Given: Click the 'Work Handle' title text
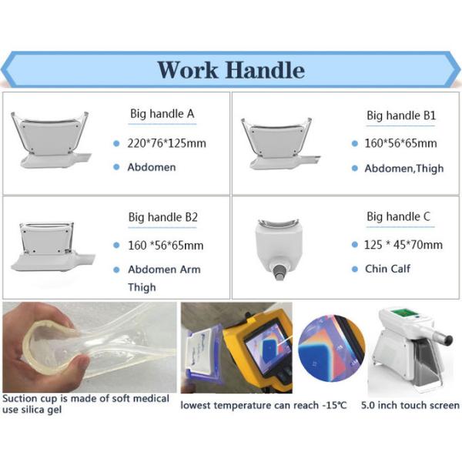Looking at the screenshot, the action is [x=231, y=70].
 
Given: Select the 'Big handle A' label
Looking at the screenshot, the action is [x=162, y=114].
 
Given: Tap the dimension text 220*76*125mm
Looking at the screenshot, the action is [x=167, y=143].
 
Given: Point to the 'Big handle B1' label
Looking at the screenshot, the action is [x=401, y=115].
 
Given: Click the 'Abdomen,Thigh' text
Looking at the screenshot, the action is [x=404, y=169].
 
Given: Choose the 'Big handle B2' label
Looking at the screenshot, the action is [x=162, y=217].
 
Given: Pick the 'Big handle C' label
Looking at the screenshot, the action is [x=398, y=216].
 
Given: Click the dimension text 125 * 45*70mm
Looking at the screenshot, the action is [x=403, y=245].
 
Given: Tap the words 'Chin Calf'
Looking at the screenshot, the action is [x=387, y=269].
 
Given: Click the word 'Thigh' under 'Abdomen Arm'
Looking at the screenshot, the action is [x=142, y=287].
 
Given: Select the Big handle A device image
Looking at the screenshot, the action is [x=51, y=140].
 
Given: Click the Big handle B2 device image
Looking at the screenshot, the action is [x=52, y=246].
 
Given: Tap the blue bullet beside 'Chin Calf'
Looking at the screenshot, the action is [x=355, y=269].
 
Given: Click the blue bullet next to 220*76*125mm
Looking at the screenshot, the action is [x=116, y=143].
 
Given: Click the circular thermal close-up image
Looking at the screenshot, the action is [x=331, y=348].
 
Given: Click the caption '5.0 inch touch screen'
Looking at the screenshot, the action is [x=410, y=406].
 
